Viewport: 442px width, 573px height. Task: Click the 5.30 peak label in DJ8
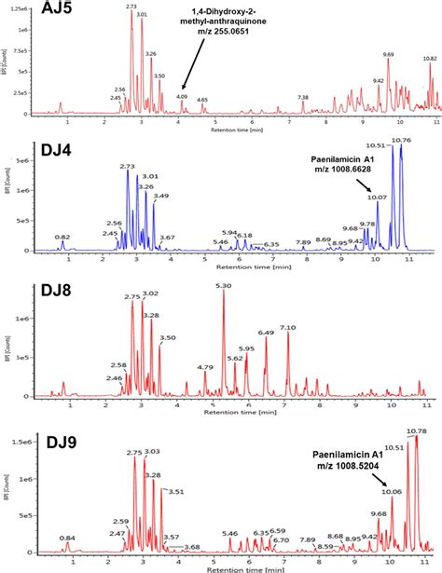[x=223, y=286]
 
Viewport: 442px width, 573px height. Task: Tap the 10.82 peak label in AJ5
[x=429, y=59]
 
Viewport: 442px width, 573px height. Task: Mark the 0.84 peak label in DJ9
[x=66, y=538]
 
